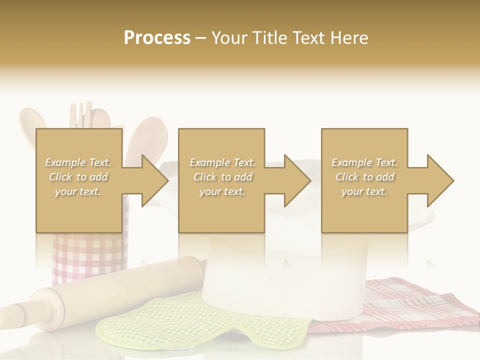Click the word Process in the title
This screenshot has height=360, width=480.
(x=157, y=37)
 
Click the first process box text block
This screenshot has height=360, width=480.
(x=78, y=177)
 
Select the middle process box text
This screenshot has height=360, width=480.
(x=222, y=177)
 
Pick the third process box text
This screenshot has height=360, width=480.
(x=364, y=177)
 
